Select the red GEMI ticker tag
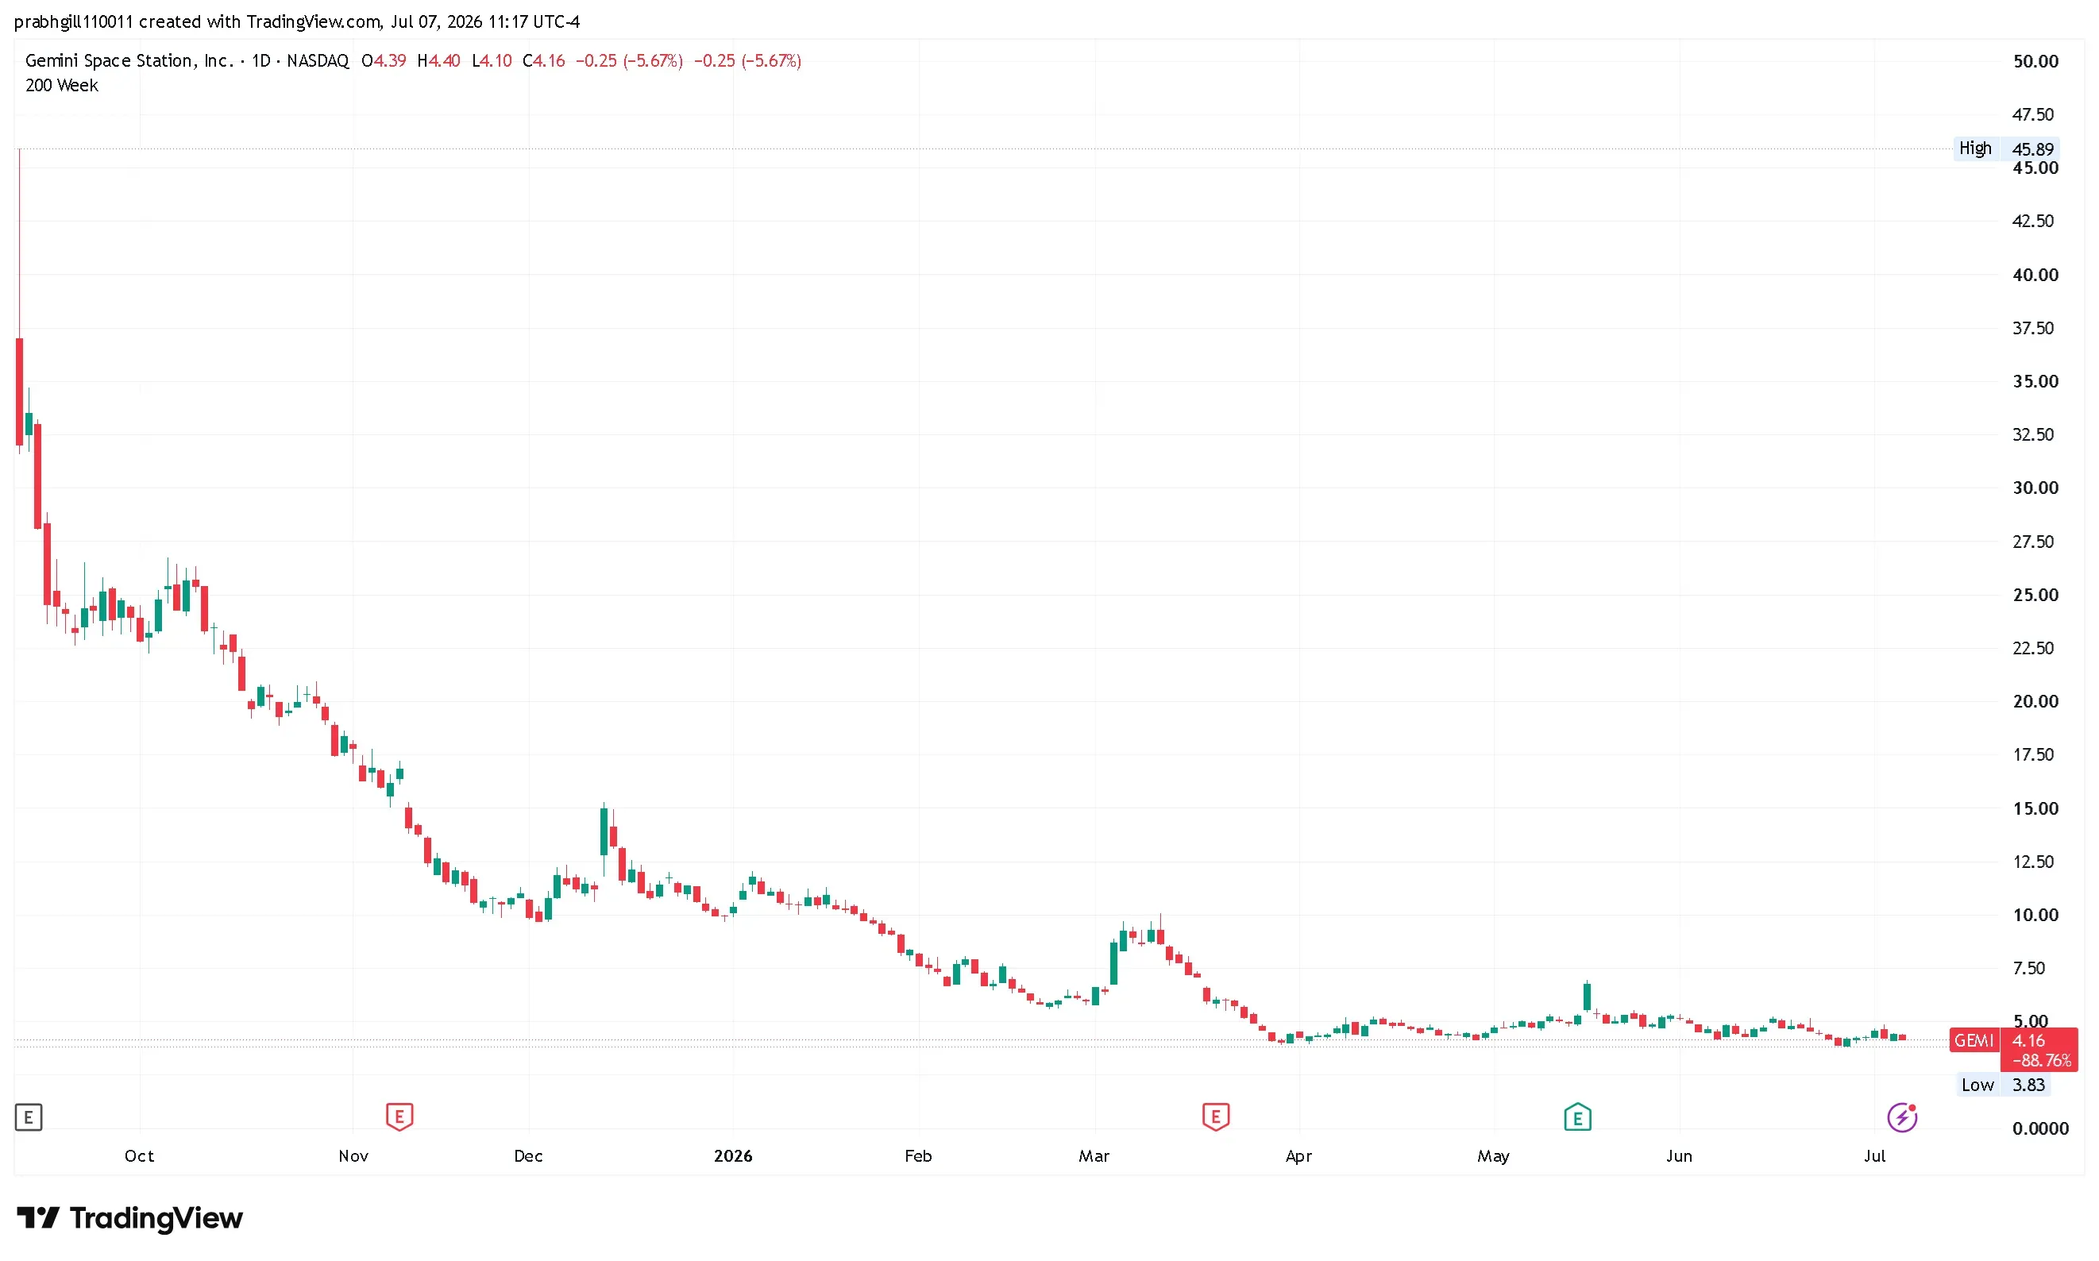(1974, 1041)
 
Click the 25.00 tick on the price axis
(2035, 595)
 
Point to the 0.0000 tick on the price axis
(2040, 1128)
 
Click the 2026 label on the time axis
(732, 1155)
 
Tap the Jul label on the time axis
(1875, 1155)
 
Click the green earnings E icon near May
(1577, 1116)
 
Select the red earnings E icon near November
(399, 1116)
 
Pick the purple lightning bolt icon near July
(1902, 1117)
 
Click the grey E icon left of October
(29, 1117)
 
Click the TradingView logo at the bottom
(130, 1218)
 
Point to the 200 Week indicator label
(61, 85)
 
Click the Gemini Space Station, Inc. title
(129, 61)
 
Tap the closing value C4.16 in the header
(544, 60)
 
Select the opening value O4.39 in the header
(384, 60)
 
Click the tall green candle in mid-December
(604, 831)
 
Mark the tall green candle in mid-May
(1587, 996)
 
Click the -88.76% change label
(2040, 1060)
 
